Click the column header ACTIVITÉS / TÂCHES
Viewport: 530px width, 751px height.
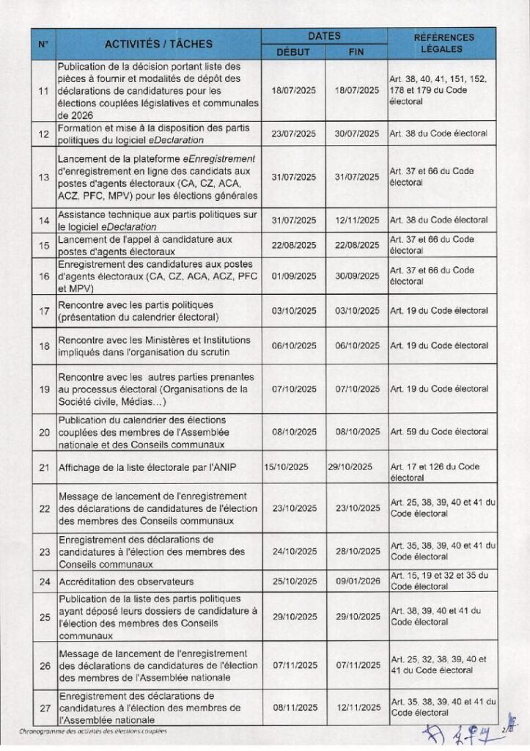click(x=158, y=44)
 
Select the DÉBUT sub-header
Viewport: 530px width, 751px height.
click(x=293, y=51)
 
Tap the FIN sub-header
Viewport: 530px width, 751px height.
click(x=356, y=51)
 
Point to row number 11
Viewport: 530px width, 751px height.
click(x=43, y=91)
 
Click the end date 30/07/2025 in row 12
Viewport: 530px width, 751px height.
click(x=356, y=134)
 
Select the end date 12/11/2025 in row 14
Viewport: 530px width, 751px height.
click(x=356, y=220)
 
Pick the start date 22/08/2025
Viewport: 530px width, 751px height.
click(x=293, y=245)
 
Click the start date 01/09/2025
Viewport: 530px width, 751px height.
click(x=293, y=276)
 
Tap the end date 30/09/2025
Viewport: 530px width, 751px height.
click(x=356, y=276)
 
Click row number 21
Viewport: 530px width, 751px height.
click(x=43, y=466)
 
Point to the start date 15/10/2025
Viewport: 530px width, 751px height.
click(x=288, y=466)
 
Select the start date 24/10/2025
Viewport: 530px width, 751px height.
click(x=293, y=551)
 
